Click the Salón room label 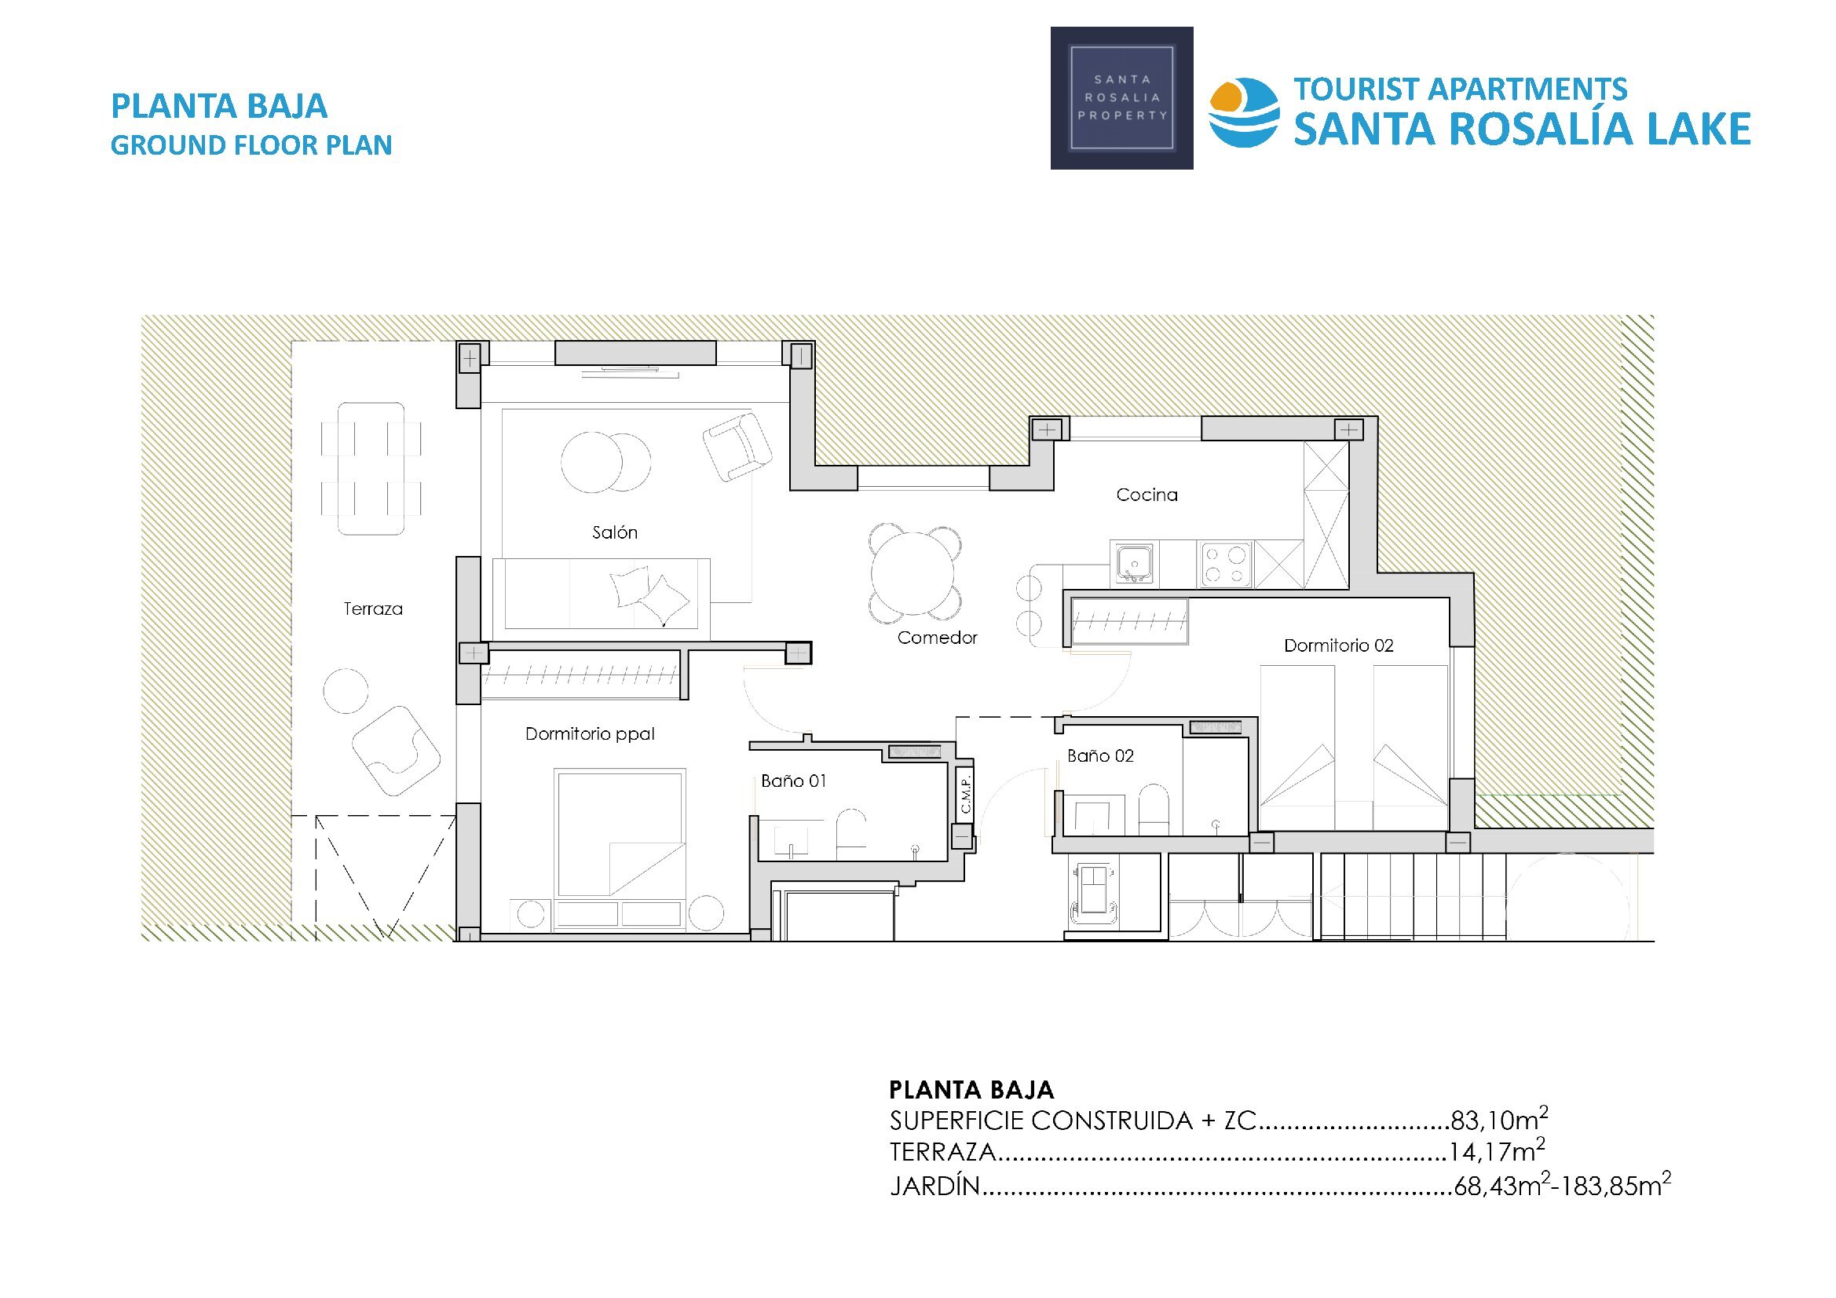click(614, 532)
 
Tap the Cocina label click(1147, 495)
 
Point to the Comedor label click(937, 638)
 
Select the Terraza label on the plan click(373, 609)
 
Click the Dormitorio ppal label click(591, 734)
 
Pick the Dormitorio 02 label click(1339, 645)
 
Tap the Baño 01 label click(793, 781)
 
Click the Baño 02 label click(1100, 755)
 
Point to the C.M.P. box click(965, 793)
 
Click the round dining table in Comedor click(913, 573)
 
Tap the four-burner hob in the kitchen click(1225, 565)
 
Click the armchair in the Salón click(737, 445)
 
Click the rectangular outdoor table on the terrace click(371, 469)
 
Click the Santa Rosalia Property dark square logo click(1121, 97)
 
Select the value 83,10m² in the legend click(1499, 1119)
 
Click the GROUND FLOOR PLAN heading click(251, 144)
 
